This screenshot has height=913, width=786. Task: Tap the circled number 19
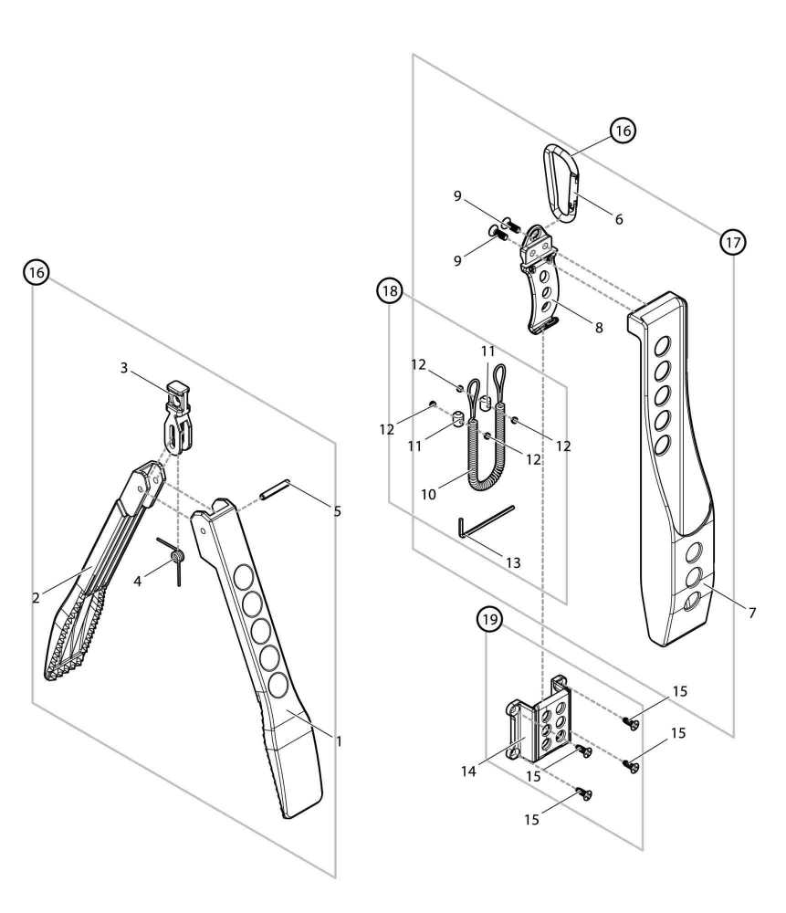(x=491, y=621)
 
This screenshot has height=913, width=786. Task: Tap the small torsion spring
(x=176, y=559)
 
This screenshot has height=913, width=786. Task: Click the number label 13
(x=513, y=563)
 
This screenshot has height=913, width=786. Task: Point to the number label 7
(x=751, y=613)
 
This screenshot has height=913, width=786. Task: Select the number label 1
(x=339, y=741)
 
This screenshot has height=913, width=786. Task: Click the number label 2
(x=35, y=598)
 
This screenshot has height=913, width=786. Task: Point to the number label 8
(x=599, y=327)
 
